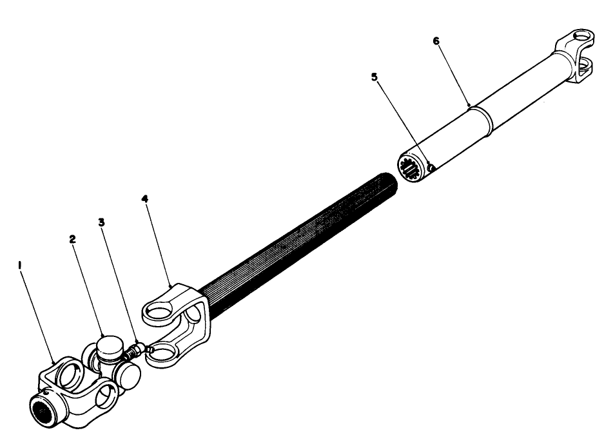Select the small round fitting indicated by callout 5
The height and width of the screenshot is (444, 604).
(x=431, y=169)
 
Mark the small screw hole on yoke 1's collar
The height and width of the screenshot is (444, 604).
(x=46, y=389)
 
